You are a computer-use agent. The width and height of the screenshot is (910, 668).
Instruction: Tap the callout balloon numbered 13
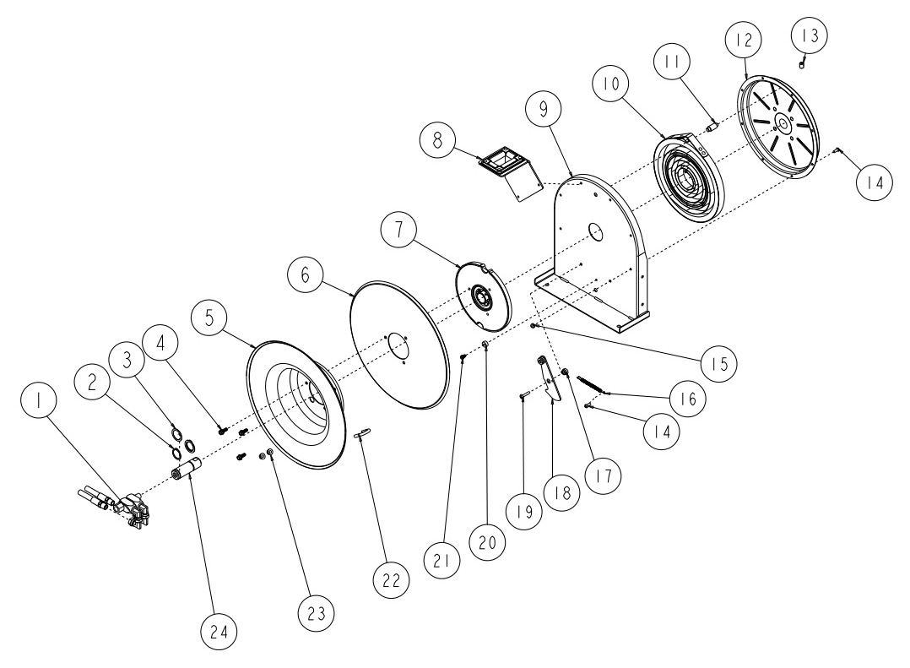809,35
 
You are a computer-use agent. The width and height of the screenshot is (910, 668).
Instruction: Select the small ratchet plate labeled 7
484,297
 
